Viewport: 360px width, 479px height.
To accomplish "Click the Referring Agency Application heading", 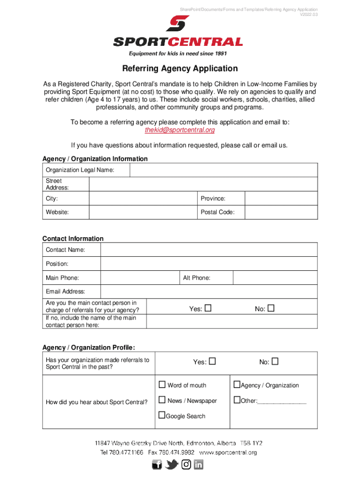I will coord(180,69).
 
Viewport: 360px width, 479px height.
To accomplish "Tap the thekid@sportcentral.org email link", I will coord(180,130).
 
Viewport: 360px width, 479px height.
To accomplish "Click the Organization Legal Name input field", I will coord(223,170).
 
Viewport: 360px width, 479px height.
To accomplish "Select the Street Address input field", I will coord(203,184).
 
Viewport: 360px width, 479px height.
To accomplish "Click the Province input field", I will coord(281,199).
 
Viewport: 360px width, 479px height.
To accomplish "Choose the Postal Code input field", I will coord(281,212).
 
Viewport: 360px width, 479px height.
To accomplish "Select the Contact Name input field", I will coord(209,250).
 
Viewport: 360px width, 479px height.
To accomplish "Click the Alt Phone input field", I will coord(275,278).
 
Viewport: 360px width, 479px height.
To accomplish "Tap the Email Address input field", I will coord(209,291).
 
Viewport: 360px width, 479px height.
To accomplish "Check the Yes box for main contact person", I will coord(208,308).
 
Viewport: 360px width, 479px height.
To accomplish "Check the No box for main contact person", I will coord(271,308).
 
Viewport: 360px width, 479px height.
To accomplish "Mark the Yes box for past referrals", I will coord(212,362).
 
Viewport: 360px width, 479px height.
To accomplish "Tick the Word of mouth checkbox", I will coord(162,385).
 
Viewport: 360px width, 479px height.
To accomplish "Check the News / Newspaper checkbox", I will coord(162,400).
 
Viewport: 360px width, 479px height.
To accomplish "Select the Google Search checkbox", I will coord(162,415).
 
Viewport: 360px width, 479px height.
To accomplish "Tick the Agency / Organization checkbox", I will coord(237,385).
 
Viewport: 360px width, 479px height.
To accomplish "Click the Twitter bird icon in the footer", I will coord(172,464).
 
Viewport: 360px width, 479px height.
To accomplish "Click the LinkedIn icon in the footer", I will coord(199,464).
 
